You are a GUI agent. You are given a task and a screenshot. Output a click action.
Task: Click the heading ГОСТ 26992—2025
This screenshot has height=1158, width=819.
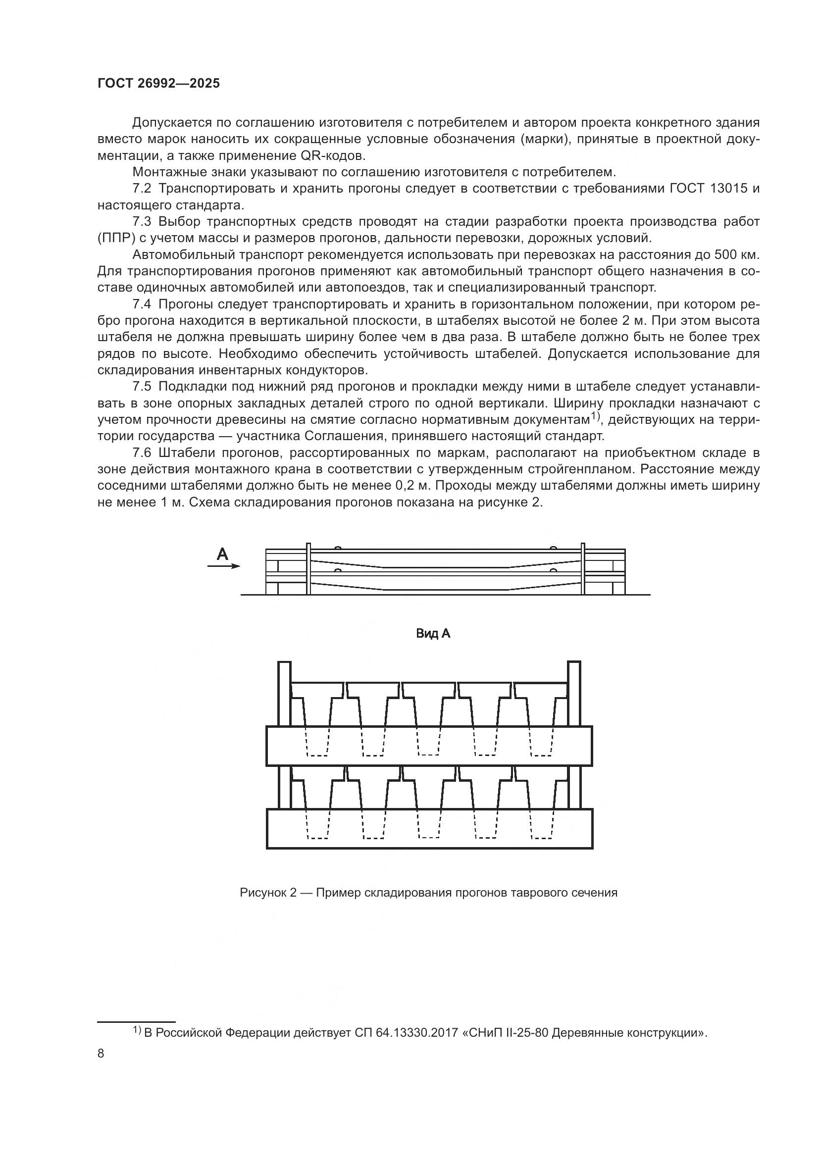coord(158,84)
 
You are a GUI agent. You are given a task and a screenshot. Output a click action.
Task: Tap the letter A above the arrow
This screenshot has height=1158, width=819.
coord(222,555)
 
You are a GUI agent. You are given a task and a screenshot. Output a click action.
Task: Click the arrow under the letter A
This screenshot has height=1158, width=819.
coord(224,566)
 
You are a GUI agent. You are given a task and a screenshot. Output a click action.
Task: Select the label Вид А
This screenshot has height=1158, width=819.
coord(433,634)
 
